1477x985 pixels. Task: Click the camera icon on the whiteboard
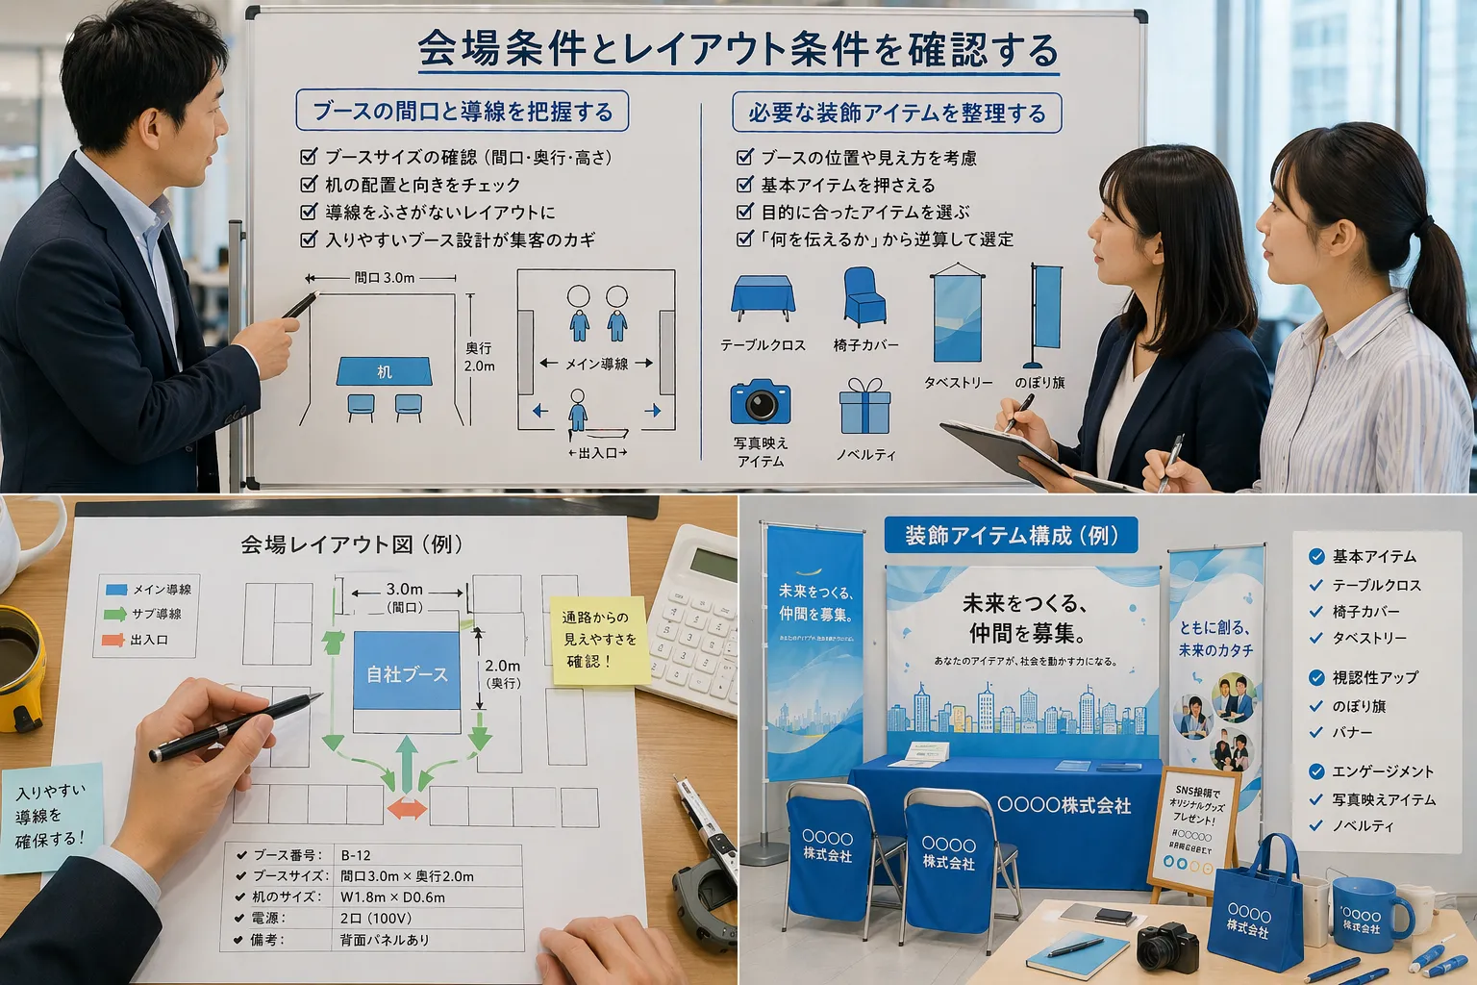coord(760,402)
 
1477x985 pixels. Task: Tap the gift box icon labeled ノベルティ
coord(864,407)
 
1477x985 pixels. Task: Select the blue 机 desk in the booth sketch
coord(384,371)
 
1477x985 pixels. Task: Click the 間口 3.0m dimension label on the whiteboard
coord(384,278)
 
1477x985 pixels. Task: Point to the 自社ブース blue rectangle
coord(407,673)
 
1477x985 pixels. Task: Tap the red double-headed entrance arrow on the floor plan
coord(407,808)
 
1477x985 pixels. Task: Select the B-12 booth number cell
coord(356,855)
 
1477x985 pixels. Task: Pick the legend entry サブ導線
coord(156,614)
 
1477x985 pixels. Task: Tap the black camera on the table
coord(1167,947)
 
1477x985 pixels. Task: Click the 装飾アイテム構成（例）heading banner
coord(1011,536)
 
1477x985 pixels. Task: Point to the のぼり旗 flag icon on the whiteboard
coord(1045,317)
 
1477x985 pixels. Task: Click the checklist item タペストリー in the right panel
coord(1368,638)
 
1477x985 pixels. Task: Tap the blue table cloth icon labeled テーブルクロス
coord(763,298)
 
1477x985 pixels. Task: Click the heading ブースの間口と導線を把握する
coord(463,112)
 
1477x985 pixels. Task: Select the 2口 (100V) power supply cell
coord(376,919)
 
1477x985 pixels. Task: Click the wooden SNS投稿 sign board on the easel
coord(1192,827)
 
